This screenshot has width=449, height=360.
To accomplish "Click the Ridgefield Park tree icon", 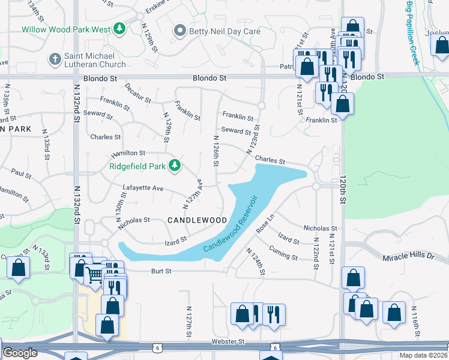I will [x=175, y=165].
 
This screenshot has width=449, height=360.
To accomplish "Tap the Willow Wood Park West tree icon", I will [x=119, y=28].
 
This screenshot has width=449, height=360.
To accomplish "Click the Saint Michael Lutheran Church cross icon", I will [x=55, y=59].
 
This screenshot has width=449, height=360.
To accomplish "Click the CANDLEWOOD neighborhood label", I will [x=197, y=220].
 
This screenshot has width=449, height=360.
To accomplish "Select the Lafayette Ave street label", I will [x=143, y=188].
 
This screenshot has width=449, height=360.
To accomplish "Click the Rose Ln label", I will [x=265, y=224].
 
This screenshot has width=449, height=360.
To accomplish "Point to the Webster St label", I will [x=228, y=341].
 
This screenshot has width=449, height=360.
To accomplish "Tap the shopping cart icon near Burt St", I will [x=95, y=275].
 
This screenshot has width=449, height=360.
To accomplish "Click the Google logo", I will [x=20, y=353].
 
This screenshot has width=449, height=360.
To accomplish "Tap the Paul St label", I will [x=21, y=173].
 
